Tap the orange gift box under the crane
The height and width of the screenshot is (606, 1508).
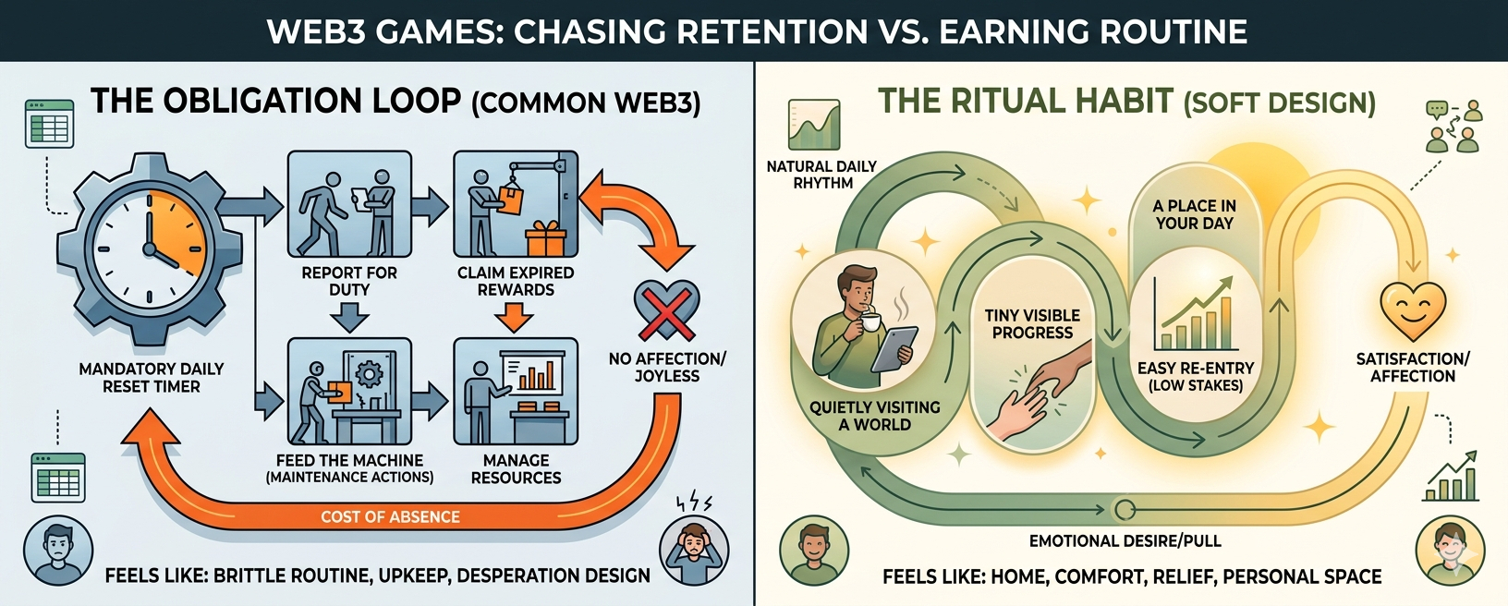point(545,239)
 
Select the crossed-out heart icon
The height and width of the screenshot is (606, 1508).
point(666,310)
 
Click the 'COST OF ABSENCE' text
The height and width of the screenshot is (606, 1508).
point(390,516)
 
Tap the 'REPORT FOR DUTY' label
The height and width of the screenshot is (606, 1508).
point(349,281)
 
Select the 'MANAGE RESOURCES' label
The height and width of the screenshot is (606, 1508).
point(516,468)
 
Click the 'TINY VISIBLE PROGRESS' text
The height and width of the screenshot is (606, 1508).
point(1032,323)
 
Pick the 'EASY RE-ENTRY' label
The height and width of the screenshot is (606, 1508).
point(1196,369)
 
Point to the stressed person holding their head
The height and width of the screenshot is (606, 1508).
point(693,552)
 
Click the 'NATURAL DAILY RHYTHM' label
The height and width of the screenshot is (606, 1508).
point(821,175)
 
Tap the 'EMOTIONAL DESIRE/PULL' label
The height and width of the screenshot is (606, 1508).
point(1125,540)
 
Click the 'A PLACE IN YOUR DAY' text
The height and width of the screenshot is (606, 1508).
point(1194,214)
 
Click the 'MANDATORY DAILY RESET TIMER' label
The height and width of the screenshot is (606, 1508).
point(152,377)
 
